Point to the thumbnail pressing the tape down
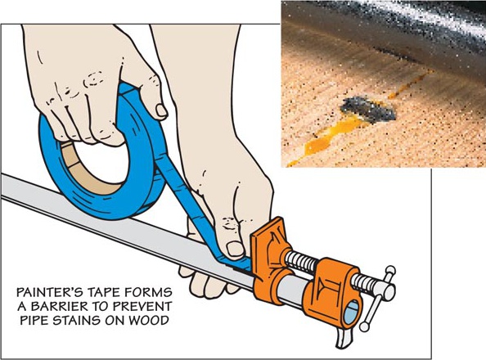(235, 249)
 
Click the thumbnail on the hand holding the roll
(161, 110)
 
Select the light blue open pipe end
(351, 313)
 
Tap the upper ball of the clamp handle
(389, 271)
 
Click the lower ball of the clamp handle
(365, 326)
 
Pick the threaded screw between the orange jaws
(302, 261)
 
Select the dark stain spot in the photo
(368, 109)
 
